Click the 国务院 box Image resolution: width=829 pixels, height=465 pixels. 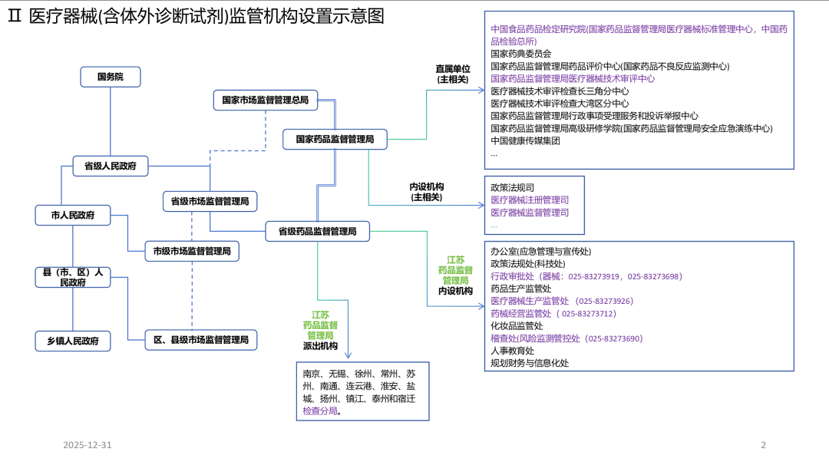tap(110, 77)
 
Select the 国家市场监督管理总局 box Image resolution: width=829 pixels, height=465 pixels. tap(265, 100)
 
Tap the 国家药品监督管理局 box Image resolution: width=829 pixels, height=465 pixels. tap(335, 140)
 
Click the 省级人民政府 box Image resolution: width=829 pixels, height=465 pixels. tap(111, 166)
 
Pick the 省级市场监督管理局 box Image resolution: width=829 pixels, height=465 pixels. tap(210, 202)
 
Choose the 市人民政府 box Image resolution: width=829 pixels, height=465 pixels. tap(73, 216)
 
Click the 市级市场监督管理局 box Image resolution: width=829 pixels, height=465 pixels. tap(192, 251)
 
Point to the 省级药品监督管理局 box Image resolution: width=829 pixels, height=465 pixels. tap(317, 231)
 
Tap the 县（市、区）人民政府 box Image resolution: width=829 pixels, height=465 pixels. tap(73, 277)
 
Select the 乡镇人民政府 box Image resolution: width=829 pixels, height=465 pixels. tap(73, 341)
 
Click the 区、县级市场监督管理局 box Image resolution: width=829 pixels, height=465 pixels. tap(201, 340)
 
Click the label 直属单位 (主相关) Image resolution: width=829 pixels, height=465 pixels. tap(452, 74)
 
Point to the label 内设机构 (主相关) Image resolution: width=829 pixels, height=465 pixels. tap(427, 192)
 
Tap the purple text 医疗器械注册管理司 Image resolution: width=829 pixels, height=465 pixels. tap(530, 200)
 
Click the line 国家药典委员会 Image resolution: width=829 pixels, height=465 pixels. tap(521, 54)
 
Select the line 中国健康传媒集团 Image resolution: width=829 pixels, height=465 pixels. tap(525, 140)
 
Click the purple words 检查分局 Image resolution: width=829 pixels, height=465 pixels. tap(320, 411)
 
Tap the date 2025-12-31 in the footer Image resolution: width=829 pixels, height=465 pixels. tap(88, 445)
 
